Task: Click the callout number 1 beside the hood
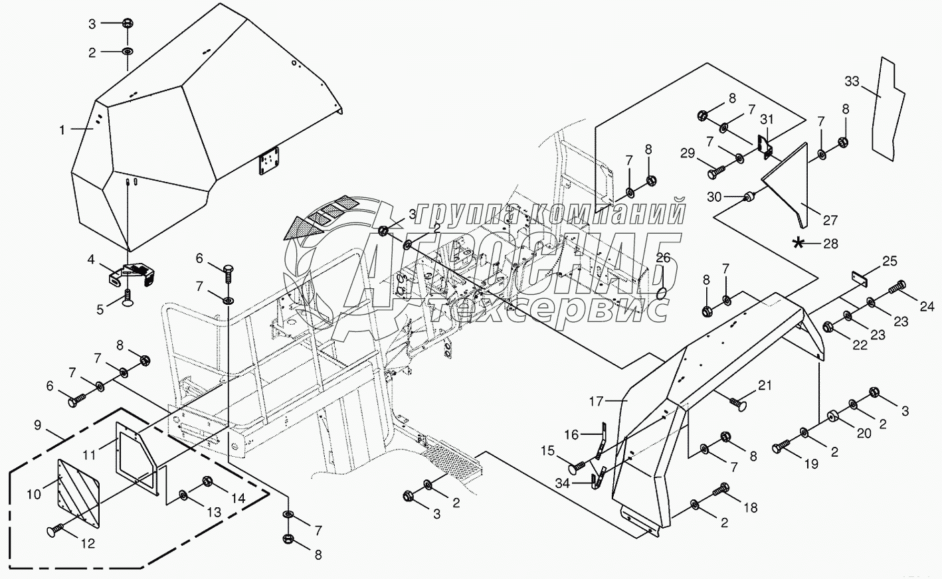[x=62, y=130]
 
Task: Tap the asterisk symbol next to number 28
[x=797, y=243]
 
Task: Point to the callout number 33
[x=852, y=81]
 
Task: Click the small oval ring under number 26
[x=662, y=293]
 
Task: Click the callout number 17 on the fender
[x=596, y=402]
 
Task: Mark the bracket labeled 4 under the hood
[x=130, y=274]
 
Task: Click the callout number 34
[x=562, y=484]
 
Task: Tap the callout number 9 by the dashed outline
[x=38, y=425]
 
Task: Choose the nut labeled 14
[x=207, y=481]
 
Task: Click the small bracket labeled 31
[x=765, y=147]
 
